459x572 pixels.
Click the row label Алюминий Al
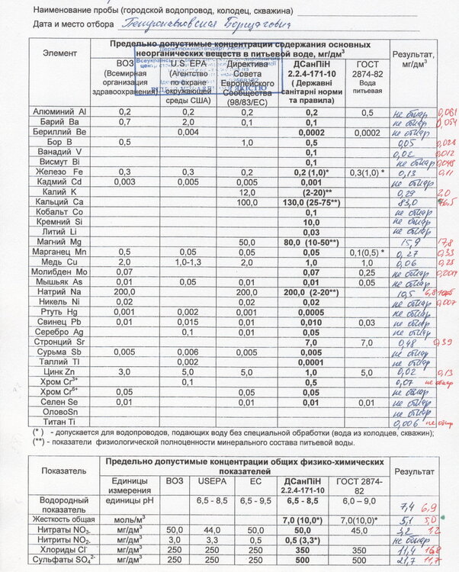click(59, 112)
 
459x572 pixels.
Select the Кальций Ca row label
click(59, 202)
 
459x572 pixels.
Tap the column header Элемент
click(59, 54)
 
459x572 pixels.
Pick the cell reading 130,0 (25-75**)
click(310, 202)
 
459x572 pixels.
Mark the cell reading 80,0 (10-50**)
click(310, 242)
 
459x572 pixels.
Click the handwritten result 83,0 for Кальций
click(406, 202)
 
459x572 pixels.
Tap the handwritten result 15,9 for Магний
click(404, 243)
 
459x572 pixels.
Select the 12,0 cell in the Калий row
click(246, 192)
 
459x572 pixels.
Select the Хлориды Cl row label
click(59, 549)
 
